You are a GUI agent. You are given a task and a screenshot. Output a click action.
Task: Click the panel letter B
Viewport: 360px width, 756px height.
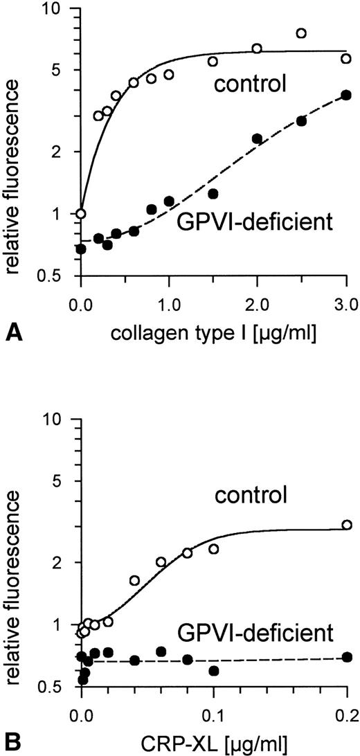[12, 744]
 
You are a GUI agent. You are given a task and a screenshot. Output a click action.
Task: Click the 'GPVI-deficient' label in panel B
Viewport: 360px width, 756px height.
[266, 631]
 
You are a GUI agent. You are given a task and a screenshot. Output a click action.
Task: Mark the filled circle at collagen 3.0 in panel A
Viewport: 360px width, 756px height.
[346, 96]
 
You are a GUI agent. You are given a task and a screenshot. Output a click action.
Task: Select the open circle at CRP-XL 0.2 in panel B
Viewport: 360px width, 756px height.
[346, 525]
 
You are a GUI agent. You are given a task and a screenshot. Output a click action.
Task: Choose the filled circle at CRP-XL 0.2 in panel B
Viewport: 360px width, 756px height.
[346, 657]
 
